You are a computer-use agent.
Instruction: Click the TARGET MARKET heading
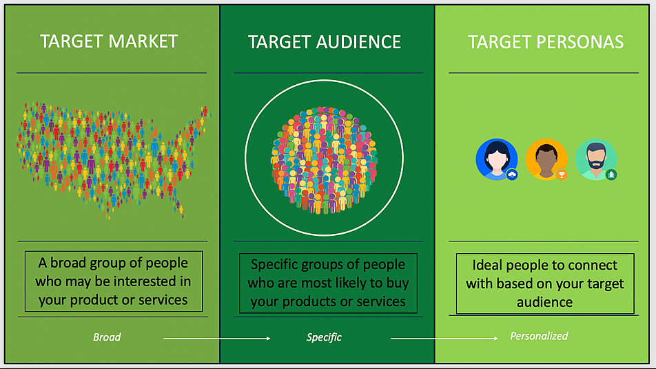point(109,41)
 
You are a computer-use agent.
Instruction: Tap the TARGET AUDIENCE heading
point(325,42)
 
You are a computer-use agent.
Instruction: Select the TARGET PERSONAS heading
point(546,42)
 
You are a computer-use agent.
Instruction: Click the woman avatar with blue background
point(497,159)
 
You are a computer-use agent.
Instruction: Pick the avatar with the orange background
point(546,159)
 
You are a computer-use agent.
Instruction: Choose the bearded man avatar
point(596,159)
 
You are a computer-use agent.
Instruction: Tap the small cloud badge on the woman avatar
point(512,174)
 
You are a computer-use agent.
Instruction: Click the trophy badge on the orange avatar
point(562,174)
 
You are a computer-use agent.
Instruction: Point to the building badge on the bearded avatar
point(611,174)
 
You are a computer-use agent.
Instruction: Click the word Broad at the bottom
point(107,337)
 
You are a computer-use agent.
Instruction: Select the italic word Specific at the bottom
point(324,337)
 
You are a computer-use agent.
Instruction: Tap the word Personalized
point(539,336)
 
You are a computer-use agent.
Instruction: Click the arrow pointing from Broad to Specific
point(216,338)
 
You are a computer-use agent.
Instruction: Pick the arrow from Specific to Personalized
point(444,338)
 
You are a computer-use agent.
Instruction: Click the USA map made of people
point(114,160)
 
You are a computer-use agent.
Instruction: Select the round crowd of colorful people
point(325,159)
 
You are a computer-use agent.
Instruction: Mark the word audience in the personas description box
point(544,302)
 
